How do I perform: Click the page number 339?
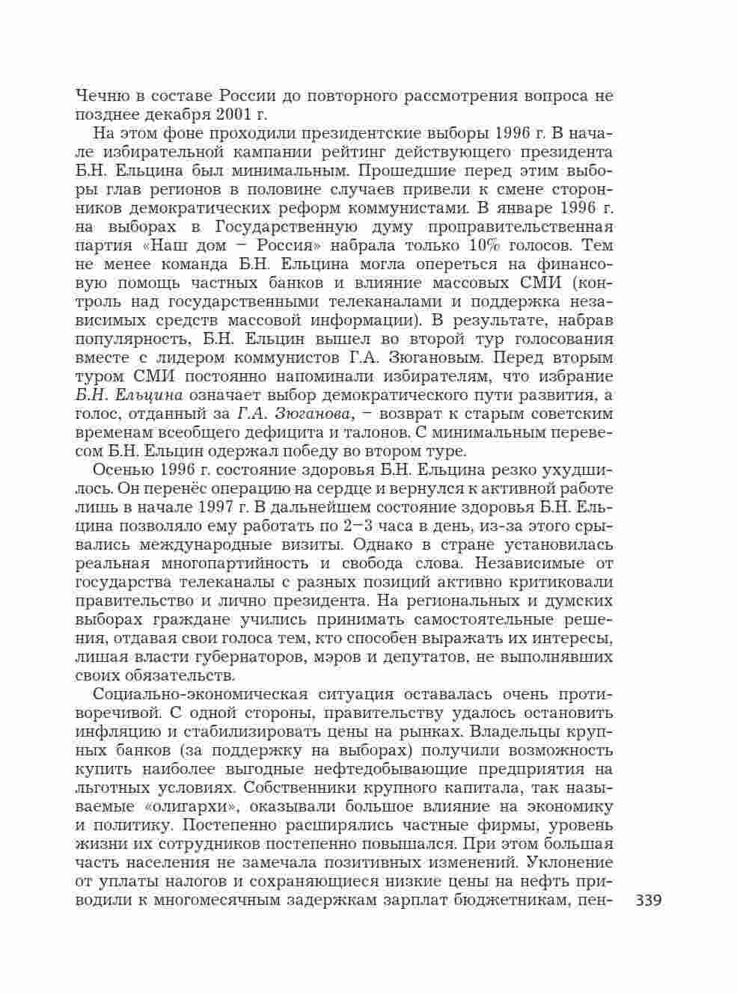[648, 901]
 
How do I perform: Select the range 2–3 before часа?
[359, 527]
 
